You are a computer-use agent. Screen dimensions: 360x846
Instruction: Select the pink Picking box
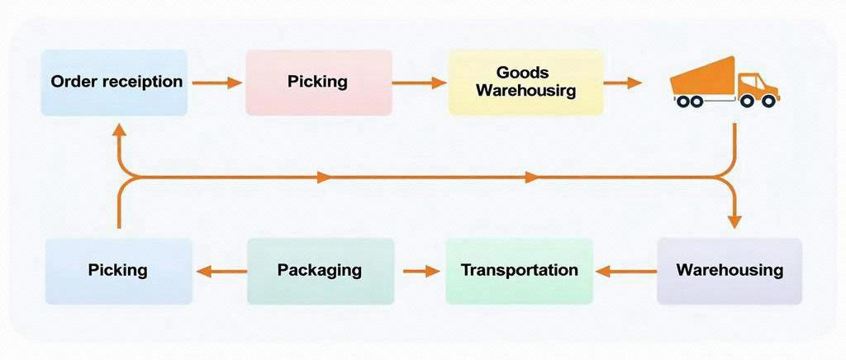[318, 82]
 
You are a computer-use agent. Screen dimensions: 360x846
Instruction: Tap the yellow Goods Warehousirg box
[525, 82]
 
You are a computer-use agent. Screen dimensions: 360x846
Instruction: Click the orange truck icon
[725, 83]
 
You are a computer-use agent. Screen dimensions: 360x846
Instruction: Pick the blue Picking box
[118, 270]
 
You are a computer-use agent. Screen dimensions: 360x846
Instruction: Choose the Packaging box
[320, 270]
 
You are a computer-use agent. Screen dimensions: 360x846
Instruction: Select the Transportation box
[519, 270]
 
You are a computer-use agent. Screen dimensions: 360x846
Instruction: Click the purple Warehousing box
[730, 270]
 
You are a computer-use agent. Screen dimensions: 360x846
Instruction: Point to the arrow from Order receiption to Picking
[217, 83]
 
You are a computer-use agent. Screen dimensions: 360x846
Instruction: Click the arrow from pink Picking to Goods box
[420, 83]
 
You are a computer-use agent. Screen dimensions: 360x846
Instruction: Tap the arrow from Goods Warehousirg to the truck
[623, 83]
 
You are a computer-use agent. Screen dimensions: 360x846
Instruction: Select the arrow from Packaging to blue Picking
[220, 271]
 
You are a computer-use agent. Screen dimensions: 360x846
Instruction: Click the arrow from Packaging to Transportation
[421, 271]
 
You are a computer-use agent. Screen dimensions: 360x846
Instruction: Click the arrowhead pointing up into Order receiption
[119, 130]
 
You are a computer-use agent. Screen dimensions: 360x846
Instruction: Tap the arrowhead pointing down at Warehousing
[734, 220]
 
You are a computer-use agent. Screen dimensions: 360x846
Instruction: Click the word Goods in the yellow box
[523, 73]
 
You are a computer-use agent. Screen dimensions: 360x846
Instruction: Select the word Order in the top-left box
[70, 82]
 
